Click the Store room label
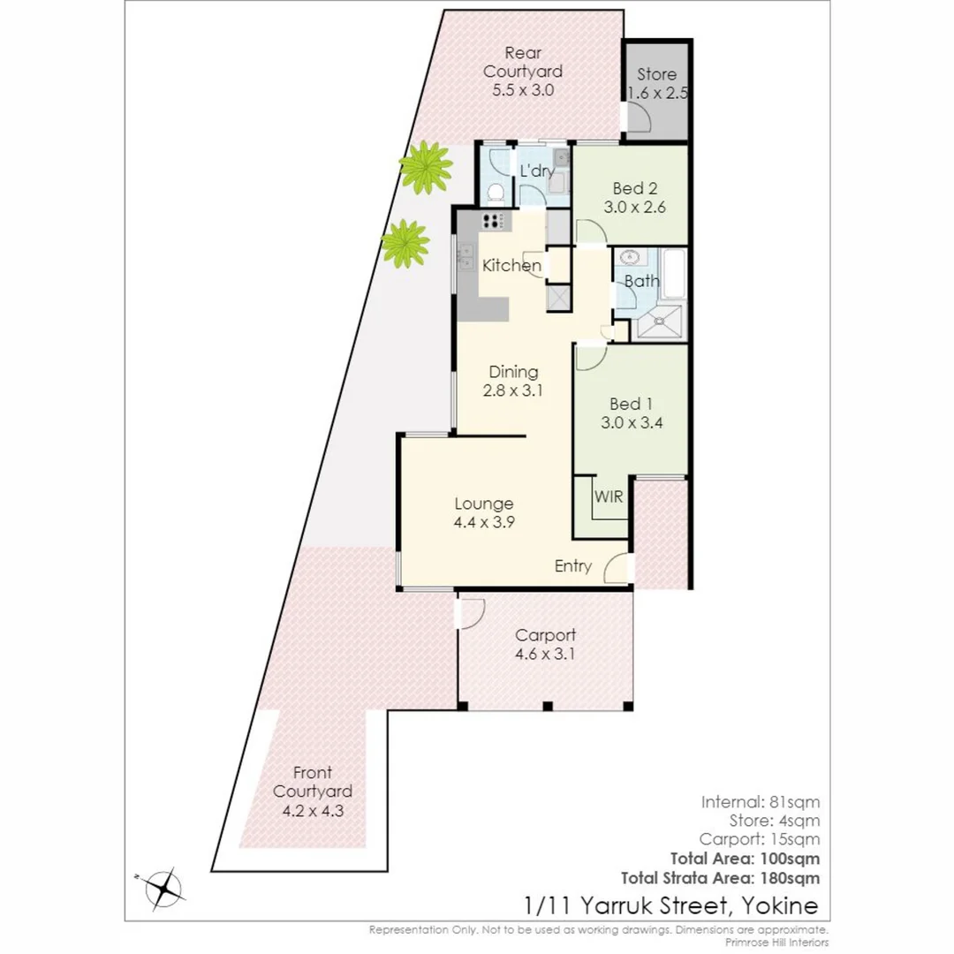pyautogui.click(x=656, y=74)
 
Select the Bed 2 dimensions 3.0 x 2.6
pyautogui.click(x=634, y=208)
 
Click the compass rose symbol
pyautogui.click(x=163, y=888)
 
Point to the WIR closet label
pyautogui.click(x=609, y=497)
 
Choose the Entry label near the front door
pyautogui.click(x=572, y=566)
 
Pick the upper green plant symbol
pyautogui.click(x=425, y=167)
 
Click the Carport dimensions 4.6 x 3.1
pyautogui.click(x=545, y=655)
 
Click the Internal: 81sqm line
pyautogui.click(x=761, y=802)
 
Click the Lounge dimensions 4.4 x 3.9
pyautogui.click(x=483, y=522)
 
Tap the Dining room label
pyautogui.click(x=513, y=372)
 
